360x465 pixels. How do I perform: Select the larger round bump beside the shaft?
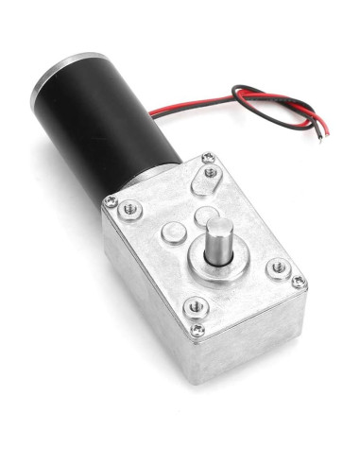tap(171, 232)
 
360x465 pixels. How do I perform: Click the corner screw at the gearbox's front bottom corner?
tap(197, 330)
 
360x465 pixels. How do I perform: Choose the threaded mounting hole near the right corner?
tap(278, 267)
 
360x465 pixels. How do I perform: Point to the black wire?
tap(283, 106)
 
